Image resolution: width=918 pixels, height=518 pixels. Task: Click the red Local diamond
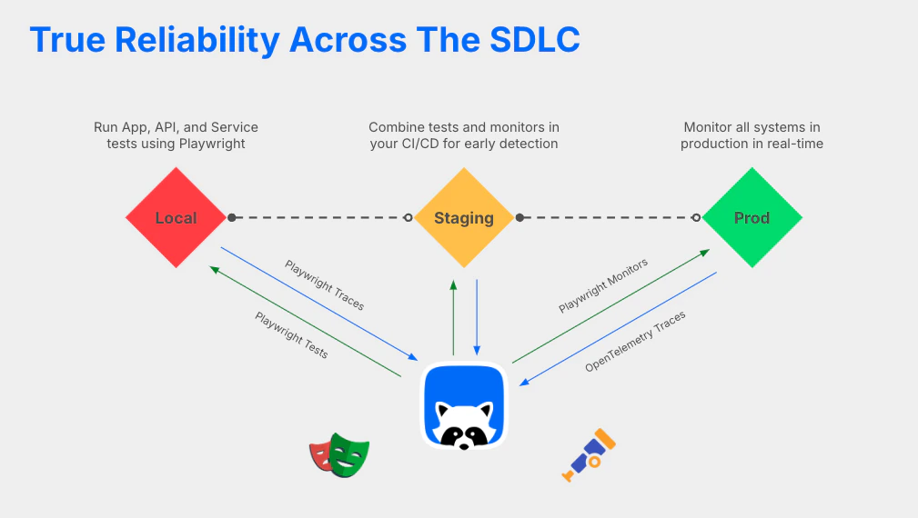click(x=176, y=218)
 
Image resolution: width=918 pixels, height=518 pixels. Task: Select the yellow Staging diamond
click(x=464, y=218)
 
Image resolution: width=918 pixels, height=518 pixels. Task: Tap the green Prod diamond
click(x=752, y=218)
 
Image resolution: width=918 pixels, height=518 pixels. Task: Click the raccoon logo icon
click(x=464, y=406)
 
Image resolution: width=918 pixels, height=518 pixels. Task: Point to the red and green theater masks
click(x=339, y=455)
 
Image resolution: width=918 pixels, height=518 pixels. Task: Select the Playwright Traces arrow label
click(x=325, y=285)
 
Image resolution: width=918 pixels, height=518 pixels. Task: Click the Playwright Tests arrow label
click(x=291, y=335)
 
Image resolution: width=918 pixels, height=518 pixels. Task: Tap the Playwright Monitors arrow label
click(x=603, y=285)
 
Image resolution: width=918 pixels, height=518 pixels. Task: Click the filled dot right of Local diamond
click(x=232, y=217)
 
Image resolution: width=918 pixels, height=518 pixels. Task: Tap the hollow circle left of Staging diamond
click(x=408, y=217)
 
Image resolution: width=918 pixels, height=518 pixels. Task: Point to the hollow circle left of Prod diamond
click(x=696, y=217)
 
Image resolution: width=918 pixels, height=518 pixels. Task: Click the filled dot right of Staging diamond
click(x=520, y=217)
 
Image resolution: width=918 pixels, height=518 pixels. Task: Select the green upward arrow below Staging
click(x=453, y=317)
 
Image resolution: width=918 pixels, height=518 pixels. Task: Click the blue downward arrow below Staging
click(x=477, y=317)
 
